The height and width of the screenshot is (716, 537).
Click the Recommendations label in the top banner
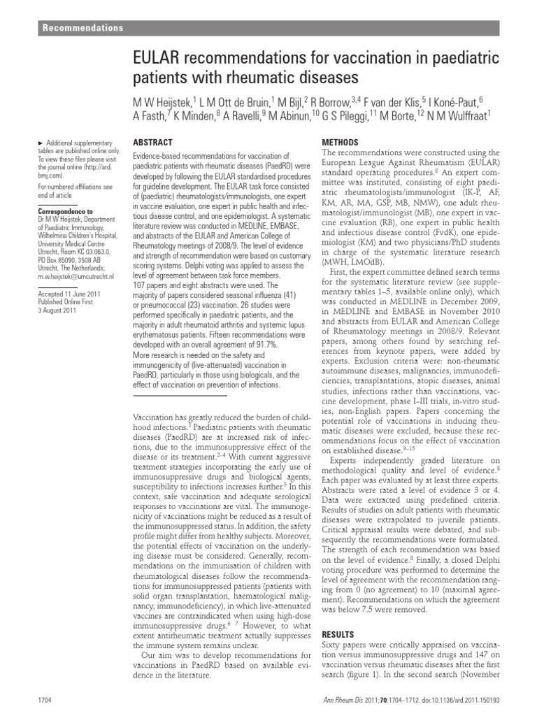83,28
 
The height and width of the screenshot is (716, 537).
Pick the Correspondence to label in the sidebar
65,210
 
